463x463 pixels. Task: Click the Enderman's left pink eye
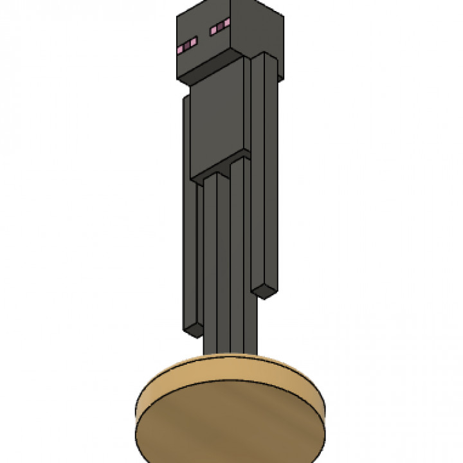tap(187, 45)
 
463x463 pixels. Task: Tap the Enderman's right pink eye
tap(219, 26)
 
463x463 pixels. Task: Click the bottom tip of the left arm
tap(194, 331)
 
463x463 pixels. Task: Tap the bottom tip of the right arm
tap(264, 293)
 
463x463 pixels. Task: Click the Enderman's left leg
tap(215, 270)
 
